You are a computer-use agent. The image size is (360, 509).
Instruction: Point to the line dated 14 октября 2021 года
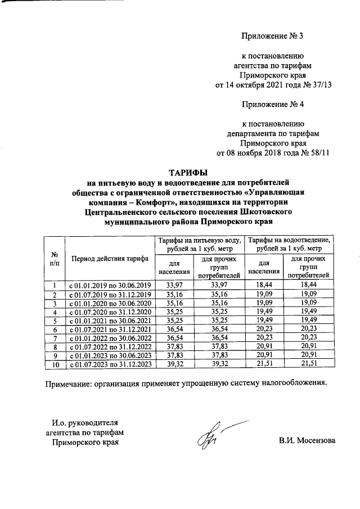(273, 85)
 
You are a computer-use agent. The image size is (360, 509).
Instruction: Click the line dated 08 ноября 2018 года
(273, 153)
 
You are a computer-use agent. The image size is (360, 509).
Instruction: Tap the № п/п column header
(55, 259)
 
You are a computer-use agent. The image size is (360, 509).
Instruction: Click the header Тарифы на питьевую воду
(200, 244)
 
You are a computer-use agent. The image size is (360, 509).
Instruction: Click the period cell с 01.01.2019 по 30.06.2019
(110, 286)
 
